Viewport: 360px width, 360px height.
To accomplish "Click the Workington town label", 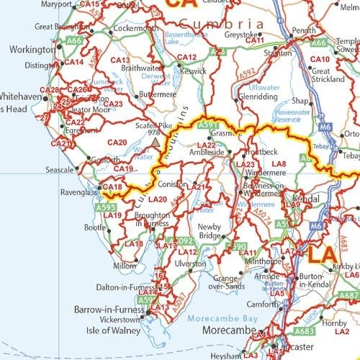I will point(32,50).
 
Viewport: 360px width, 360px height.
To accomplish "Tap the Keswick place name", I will point(193,72).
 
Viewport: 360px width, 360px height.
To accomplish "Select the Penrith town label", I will point(303,31).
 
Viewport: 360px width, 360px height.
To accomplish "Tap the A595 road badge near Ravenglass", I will point(104,207).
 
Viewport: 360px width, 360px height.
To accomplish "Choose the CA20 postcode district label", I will point(117,143).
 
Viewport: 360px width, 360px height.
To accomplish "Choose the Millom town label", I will point(124,266).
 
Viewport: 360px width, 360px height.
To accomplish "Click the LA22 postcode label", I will point(207,144).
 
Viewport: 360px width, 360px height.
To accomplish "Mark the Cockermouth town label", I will point(135,28).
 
